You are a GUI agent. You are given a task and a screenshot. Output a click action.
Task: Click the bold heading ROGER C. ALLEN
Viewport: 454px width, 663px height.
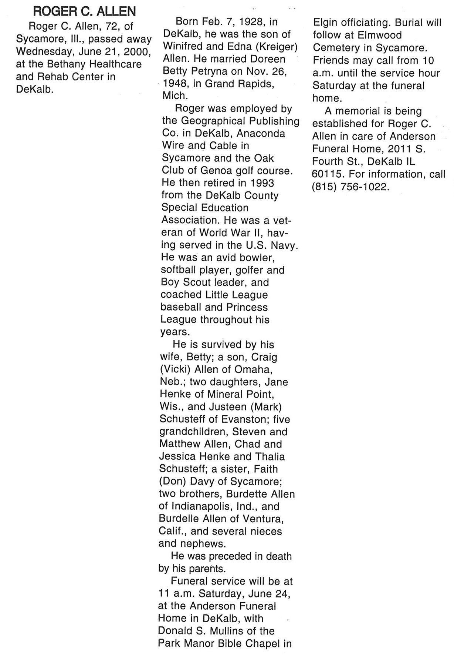85,12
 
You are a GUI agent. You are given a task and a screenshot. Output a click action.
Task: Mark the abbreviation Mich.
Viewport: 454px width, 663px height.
175,96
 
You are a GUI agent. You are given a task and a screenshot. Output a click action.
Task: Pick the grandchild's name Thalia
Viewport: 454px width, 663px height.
267,456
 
